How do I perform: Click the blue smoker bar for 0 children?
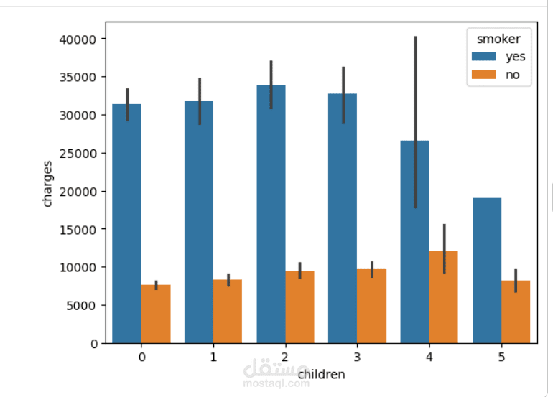(x=126, y=223)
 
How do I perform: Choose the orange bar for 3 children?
(x=372, y=306)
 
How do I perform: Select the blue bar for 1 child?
(x=199, y=222)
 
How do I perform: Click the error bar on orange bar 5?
(x=516, y=281)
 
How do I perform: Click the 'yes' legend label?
(x=515, y=57)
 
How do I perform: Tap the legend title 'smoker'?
(x=498, y=39)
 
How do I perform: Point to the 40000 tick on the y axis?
(x=79, y=39)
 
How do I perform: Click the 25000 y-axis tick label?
(x=79, y=153)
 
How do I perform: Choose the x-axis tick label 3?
(x=357, y=356)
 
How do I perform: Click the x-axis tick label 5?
(x=501, y=356)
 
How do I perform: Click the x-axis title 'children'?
(x=321, y=374)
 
